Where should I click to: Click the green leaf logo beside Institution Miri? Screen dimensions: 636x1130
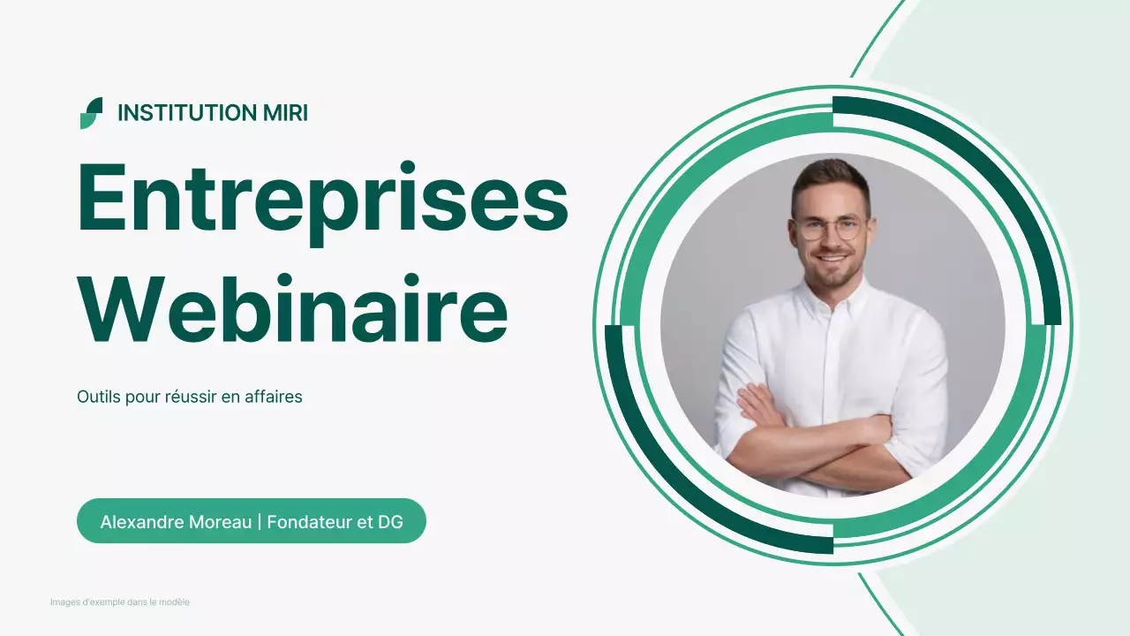[91, 113]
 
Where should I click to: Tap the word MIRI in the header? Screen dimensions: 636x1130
[285, 113]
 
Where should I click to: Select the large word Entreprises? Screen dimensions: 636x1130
[322, 199]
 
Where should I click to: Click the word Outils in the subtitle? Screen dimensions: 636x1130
[98, 397]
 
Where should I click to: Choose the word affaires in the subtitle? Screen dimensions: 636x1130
[274, 397]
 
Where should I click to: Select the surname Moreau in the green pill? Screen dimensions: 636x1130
[221, 522]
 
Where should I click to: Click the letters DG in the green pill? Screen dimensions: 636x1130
[390, 522]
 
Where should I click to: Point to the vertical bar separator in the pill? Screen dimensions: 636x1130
[260, 522]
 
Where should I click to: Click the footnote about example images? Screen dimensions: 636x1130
[120, 602]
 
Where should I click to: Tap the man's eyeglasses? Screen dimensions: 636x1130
[829, 228]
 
